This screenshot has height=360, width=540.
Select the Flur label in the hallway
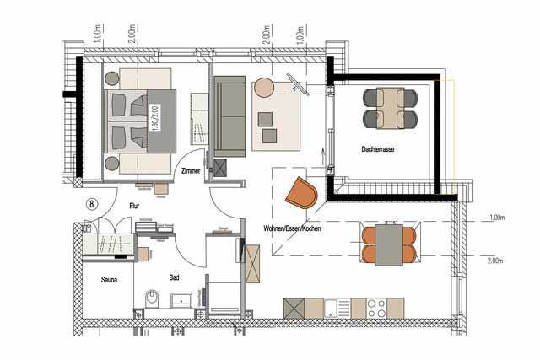133,205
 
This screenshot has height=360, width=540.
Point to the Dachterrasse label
376,149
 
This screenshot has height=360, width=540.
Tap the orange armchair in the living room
301,193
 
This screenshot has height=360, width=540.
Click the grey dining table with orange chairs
389,242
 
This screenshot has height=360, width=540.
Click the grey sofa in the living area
228,116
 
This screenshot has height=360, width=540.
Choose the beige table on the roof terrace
390,107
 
